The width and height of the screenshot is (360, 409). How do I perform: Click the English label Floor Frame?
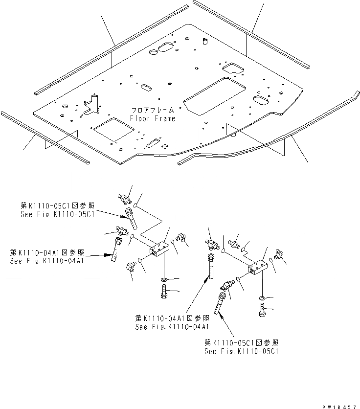(153, 118)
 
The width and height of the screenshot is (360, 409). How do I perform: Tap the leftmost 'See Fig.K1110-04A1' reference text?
(47, 261)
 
